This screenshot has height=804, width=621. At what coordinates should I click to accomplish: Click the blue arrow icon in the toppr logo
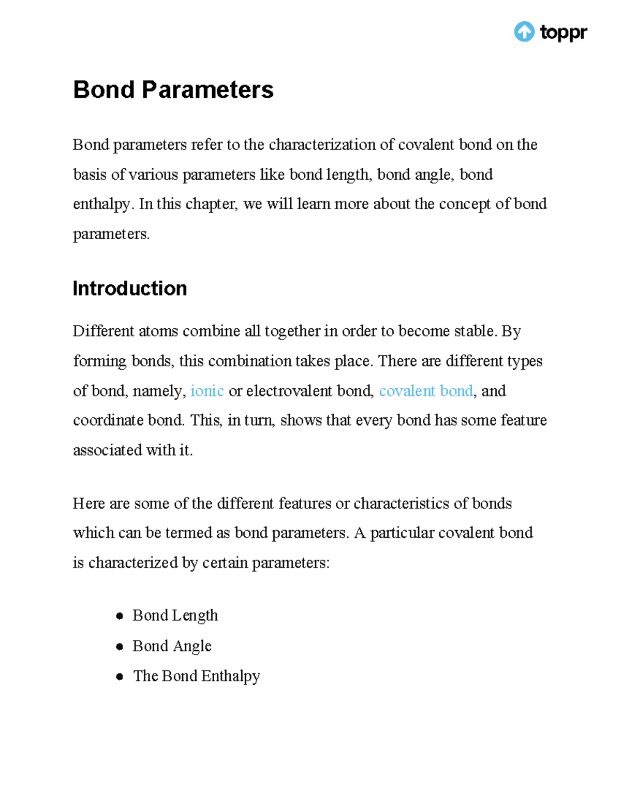pos(524,32)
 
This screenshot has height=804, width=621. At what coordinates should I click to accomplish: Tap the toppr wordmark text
pos(563,32)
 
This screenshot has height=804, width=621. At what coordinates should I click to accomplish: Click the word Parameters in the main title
pos(208,90)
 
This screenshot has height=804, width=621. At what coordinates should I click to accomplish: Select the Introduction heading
pos(129,288)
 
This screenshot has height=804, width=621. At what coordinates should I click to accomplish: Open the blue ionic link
pos(207,391)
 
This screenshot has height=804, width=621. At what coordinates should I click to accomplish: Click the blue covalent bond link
pos(426,391)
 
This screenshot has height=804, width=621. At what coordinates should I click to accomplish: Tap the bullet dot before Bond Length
pos(120,616)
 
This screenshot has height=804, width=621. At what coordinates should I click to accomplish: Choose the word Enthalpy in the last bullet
pos(230,676)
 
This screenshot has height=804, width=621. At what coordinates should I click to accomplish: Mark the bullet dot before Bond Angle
pos(120,647)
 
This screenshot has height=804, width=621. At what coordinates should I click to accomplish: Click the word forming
pos(100,361)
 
